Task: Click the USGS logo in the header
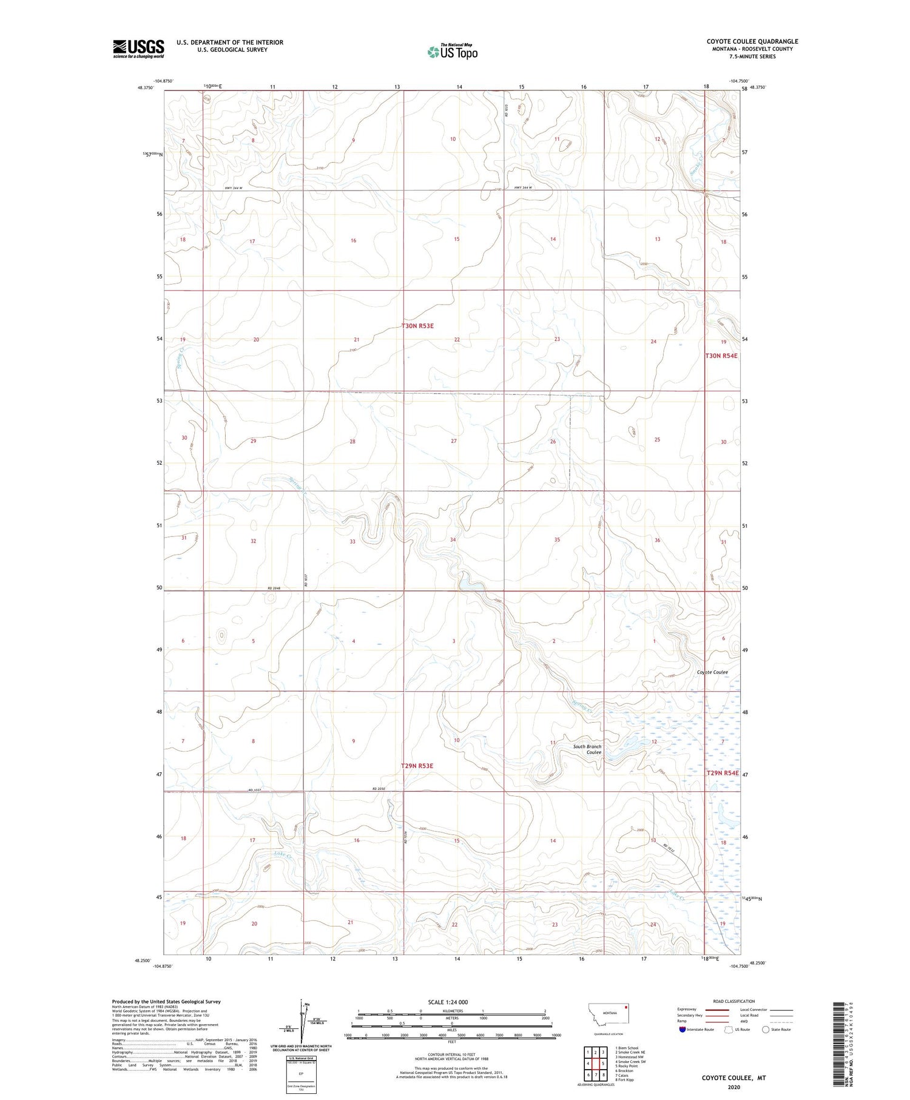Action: point(138,49)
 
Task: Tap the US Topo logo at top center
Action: point(453,52)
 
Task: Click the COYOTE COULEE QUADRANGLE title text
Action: point(752,41)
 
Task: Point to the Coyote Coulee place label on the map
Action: point(712,672)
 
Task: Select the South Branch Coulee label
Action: point(587,749)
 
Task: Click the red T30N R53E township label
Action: point(417,326)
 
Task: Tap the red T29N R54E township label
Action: point(722,773)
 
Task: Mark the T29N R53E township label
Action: point(417,766)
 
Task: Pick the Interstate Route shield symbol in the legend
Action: point(682,1030)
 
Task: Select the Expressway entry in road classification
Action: point(689,1010)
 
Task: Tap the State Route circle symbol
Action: point(766,1030)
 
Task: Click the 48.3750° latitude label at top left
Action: point(146,87)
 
